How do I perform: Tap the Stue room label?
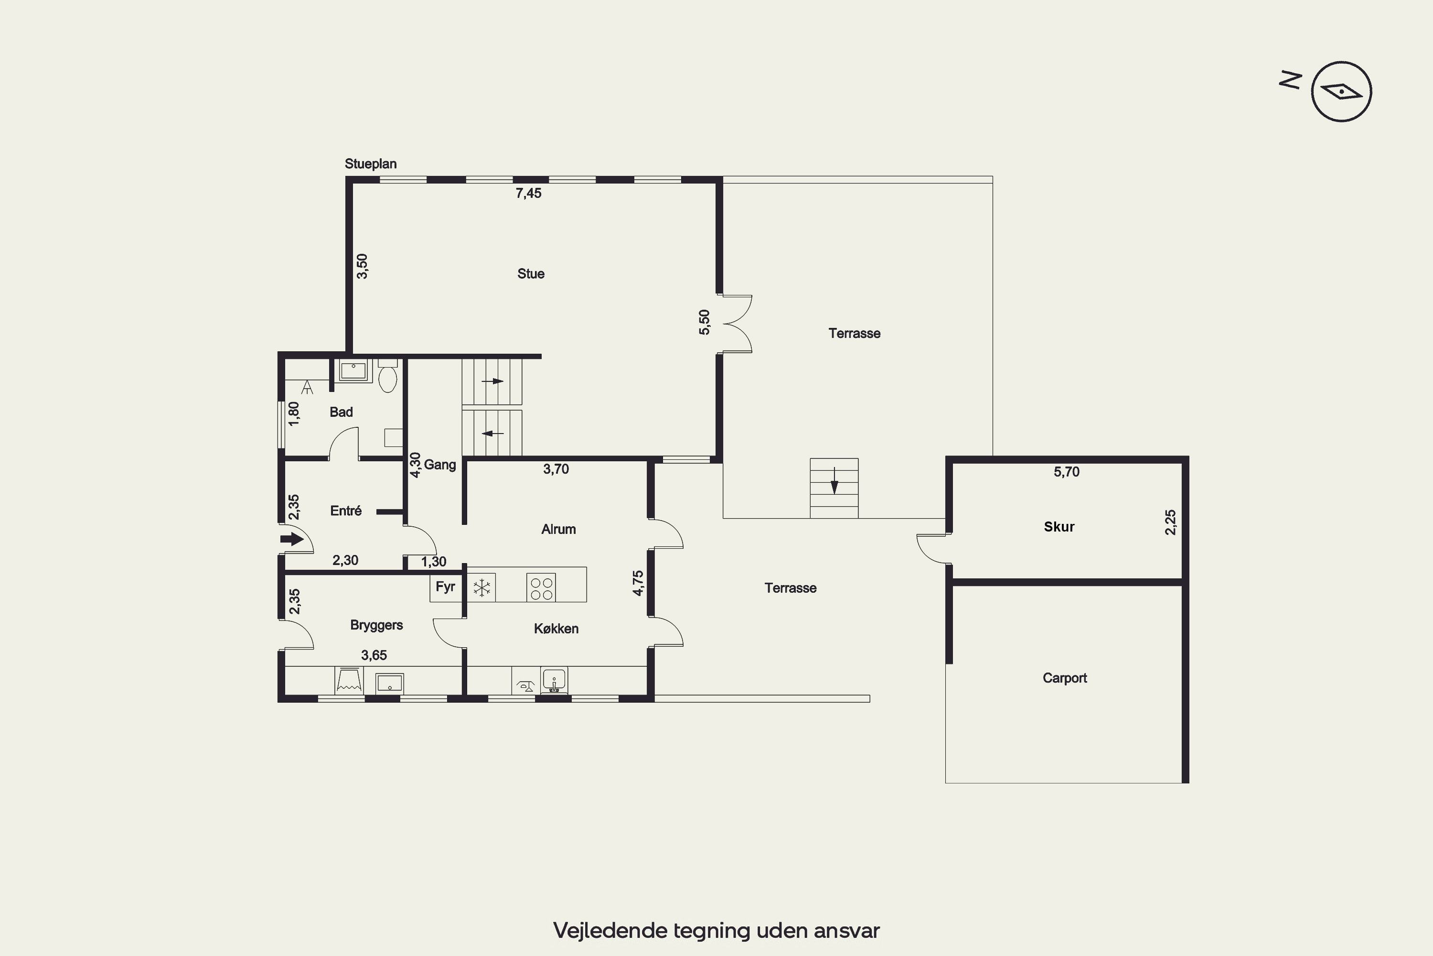tap(531, 274)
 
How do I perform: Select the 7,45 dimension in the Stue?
tap(528, 193)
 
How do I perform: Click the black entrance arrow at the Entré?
tap(292, 539)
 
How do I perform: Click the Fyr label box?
tap(445, 587)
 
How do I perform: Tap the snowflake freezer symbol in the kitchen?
tap(482, 588)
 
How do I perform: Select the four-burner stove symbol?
tap(542, 588)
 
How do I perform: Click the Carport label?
tap(1064, 678)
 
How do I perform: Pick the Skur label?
tap(1059, 527)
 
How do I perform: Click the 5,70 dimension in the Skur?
tap(1066, 472)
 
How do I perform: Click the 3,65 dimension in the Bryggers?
tap(374, 655)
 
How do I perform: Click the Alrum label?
tap(558, 529)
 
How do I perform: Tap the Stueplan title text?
tap(371, 164)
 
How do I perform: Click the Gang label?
tap(440, 465)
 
